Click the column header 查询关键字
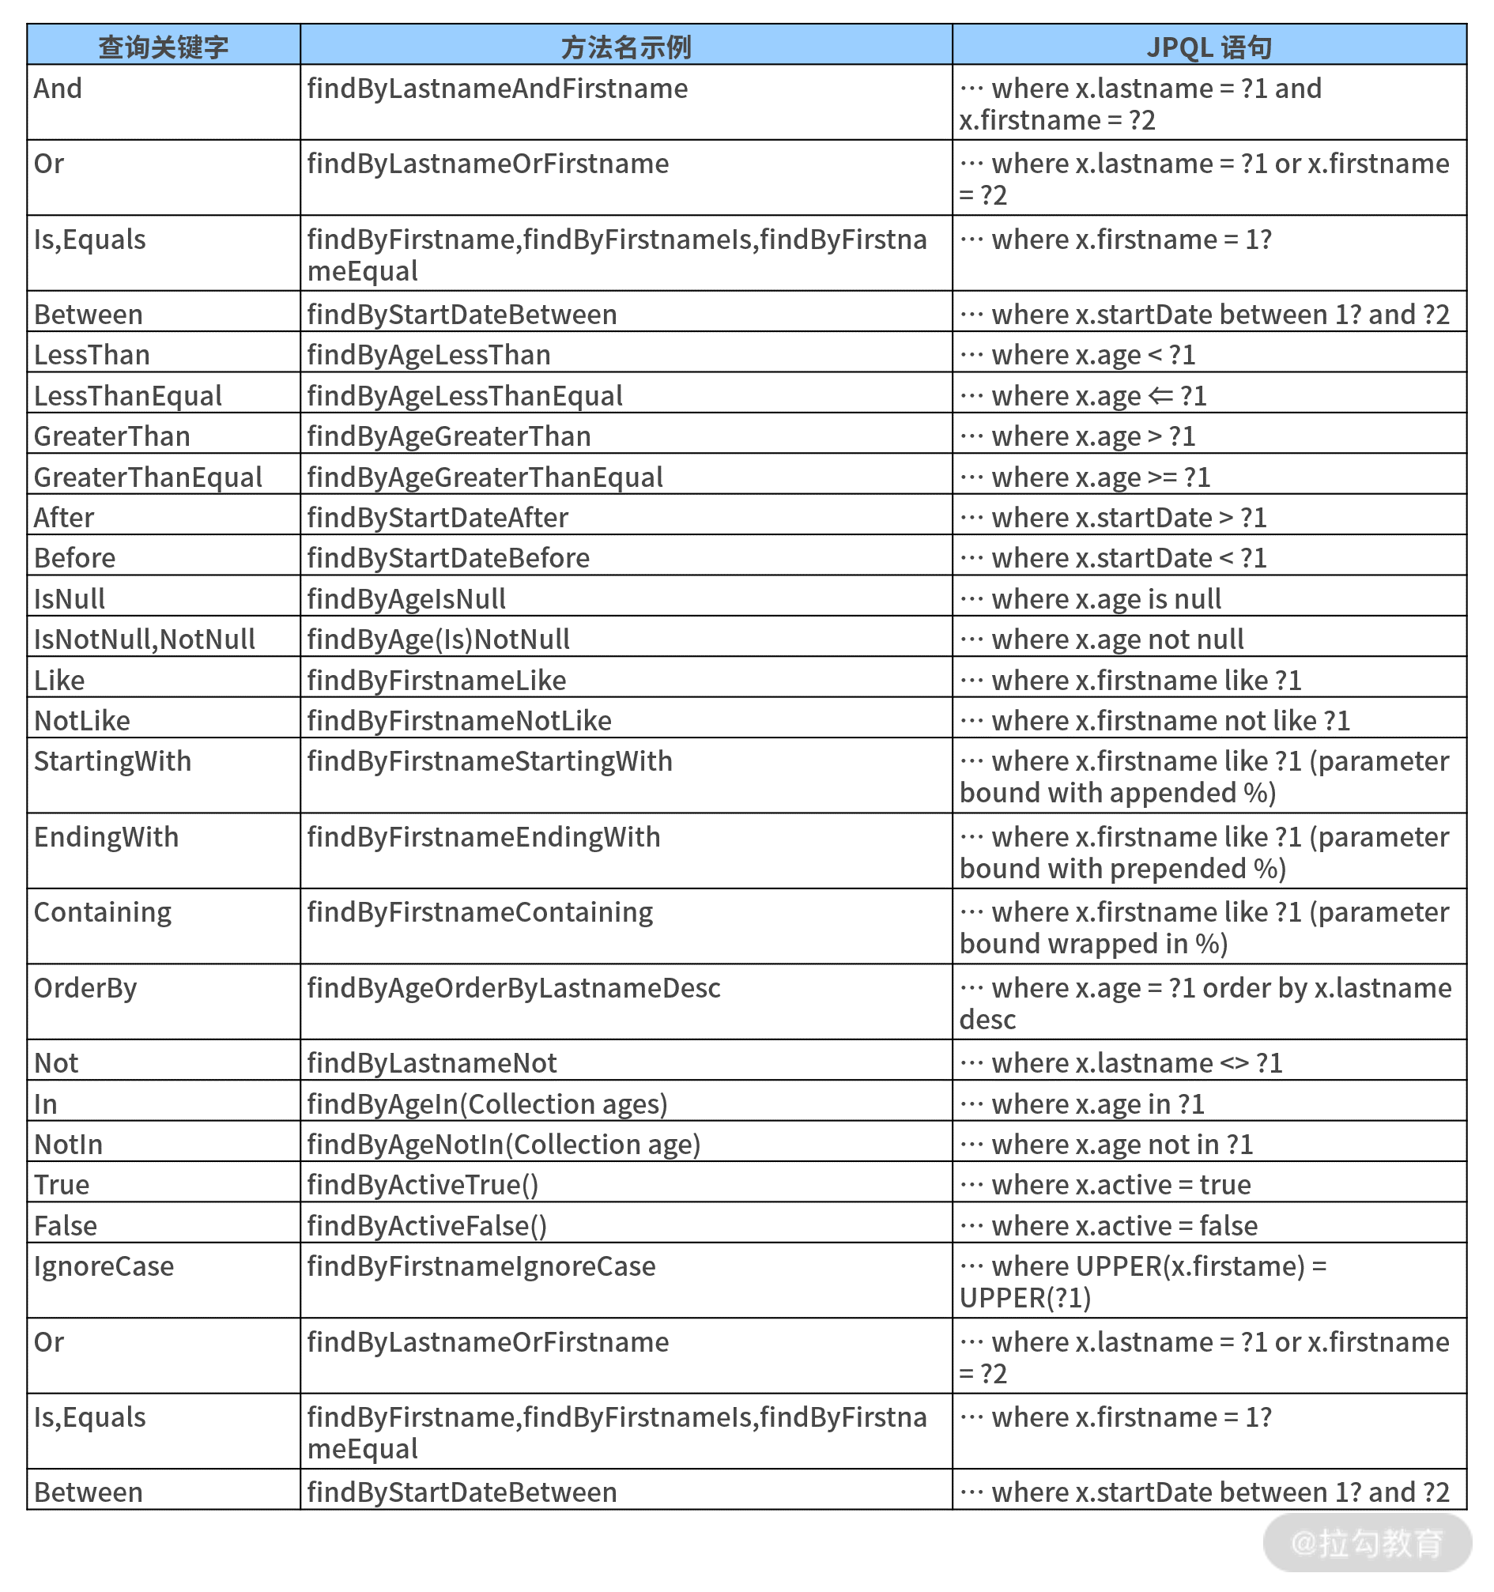point(164,47)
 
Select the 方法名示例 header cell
point(625,47)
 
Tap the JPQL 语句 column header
point(1209,47)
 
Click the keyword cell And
point(58,89)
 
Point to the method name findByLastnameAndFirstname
point(497,89)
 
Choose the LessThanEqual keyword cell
point(128,395)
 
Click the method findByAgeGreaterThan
point(449,436)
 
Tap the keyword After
point(64,518)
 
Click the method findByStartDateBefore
point(448,558)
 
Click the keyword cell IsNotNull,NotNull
point(144,639)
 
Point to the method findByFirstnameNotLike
point(459,721)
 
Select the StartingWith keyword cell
point(113,761)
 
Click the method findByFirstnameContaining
point(481,912)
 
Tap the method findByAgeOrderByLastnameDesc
point(514,988)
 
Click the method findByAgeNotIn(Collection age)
point(504,1145)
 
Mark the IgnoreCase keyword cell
point(104,1266)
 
